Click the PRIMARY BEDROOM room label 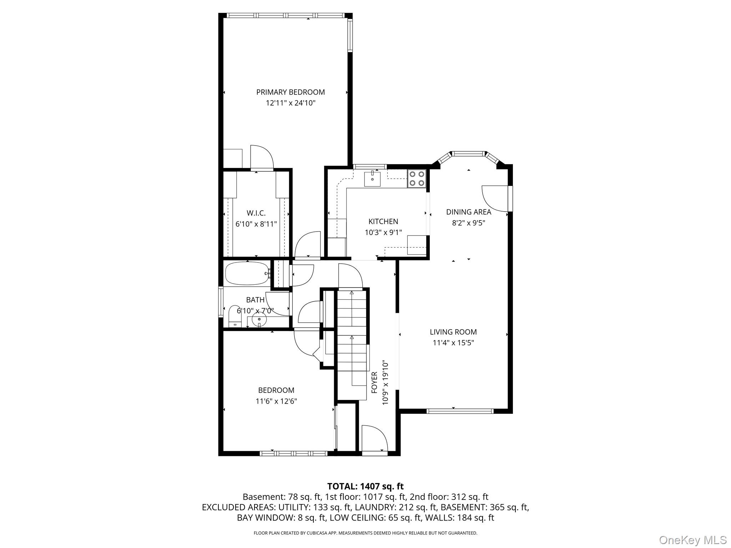[291, 92]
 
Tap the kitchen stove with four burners [417, 178]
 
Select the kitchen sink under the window [372, 178]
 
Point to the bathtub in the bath [247, 273]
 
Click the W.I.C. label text [256, 213]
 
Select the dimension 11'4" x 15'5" [453, 343]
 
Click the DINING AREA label [469, 212]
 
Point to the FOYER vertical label [374, 382]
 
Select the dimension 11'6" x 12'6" [276, 401]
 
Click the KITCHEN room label [383, 222]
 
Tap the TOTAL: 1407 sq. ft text [365, 486]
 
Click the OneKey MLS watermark [693, 540]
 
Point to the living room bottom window [460, 411]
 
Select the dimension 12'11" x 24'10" [291, 103]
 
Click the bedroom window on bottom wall [293, 453]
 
